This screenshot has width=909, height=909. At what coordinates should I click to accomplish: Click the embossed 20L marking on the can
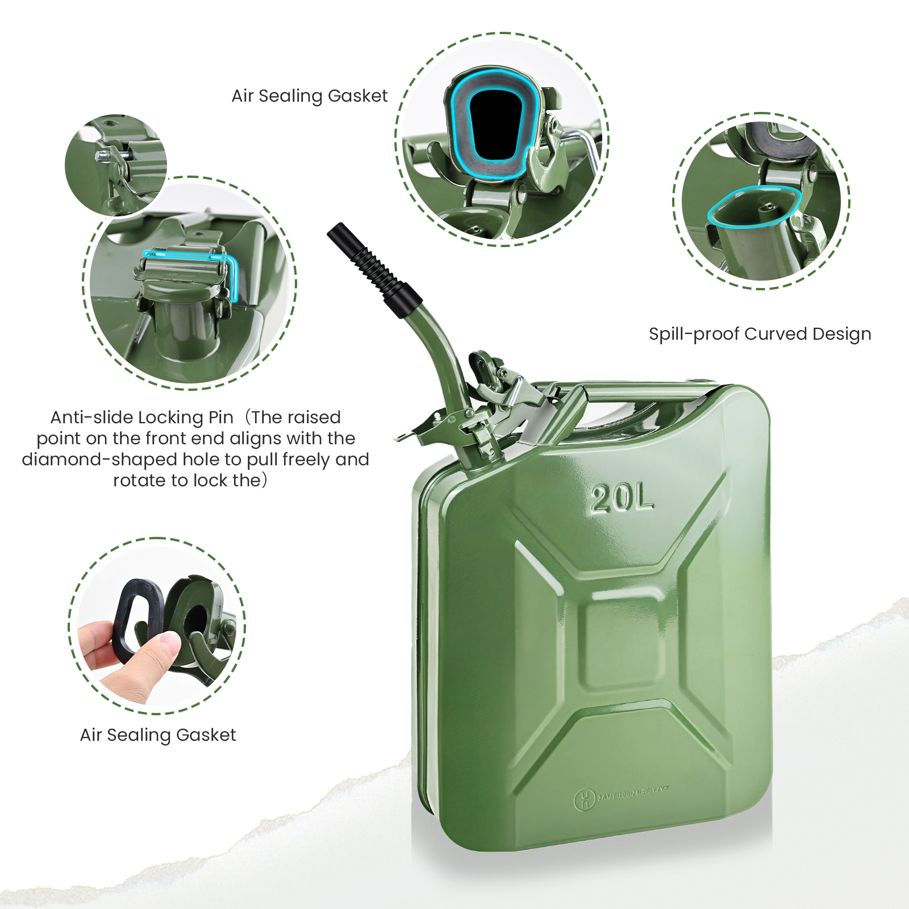622,499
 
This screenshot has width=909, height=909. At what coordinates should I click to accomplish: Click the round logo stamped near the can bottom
584,800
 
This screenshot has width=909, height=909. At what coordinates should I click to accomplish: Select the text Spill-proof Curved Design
760,334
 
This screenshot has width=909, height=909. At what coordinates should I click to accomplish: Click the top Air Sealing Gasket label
309,96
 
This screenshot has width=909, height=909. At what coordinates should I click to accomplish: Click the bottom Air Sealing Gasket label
157,735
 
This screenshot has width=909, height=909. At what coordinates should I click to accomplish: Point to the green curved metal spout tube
440,352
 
